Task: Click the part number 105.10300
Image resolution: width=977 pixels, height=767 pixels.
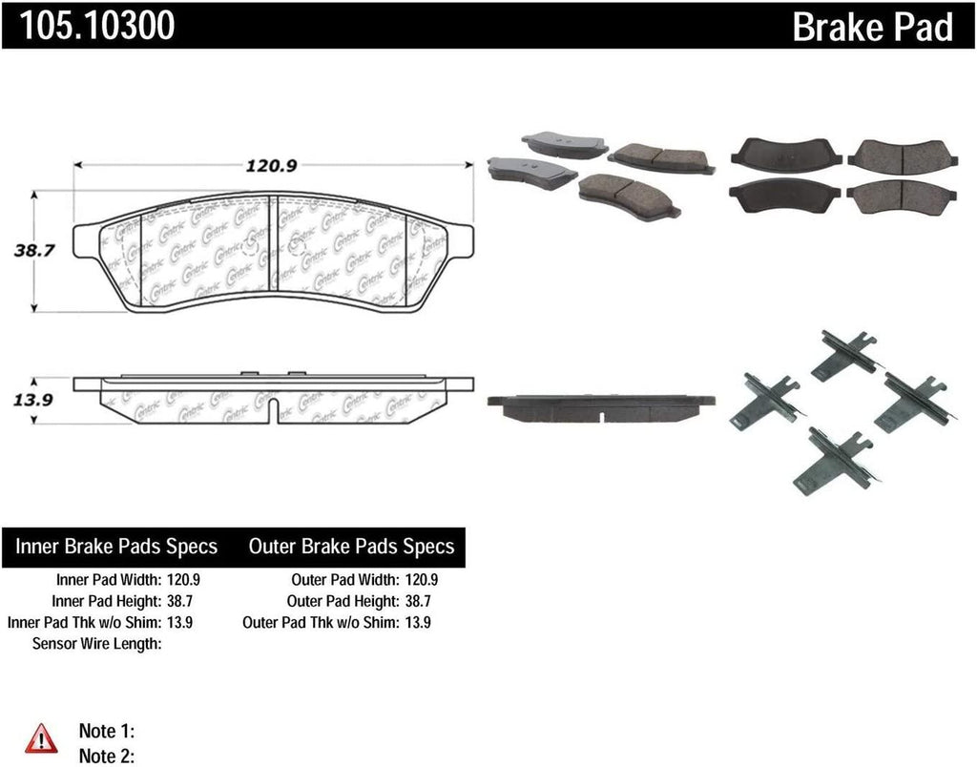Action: coord(93,26)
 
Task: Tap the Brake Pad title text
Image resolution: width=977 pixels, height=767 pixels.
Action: coord(872,28)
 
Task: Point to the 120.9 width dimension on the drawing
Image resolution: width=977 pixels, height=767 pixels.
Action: coord(273,165)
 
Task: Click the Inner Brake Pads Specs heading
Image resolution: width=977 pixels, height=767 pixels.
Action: coord(116,547)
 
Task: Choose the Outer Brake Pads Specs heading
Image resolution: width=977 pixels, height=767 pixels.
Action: coord(351,547)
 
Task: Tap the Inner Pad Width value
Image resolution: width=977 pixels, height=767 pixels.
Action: coord(182,579)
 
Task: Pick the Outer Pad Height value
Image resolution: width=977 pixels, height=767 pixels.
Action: coord(420,601)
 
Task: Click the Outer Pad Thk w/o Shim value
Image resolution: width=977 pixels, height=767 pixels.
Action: coord(420,622)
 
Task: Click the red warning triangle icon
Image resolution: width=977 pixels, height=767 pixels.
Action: coord(41,736)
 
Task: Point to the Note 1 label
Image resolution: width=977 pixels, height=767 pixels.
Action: coord(105,732)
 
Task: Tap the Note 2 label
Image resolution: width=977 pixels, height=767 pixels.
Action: coord(105,756)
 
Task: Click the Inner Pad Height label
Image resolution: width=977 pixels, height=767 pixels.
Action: coord(104,601)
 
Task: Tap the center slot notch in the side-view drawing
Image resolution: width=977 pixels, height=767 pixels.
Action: coord(275,412)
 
